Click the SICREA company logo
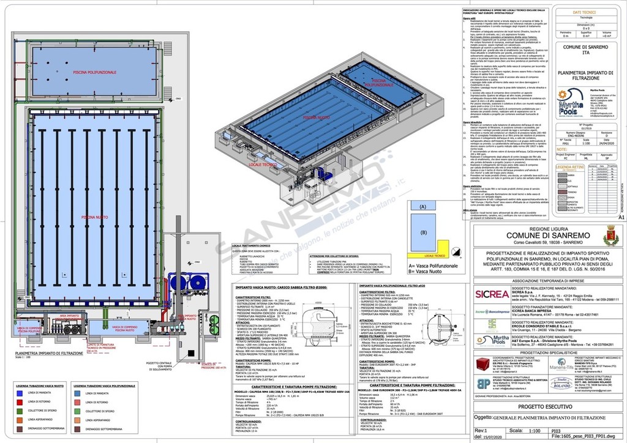492,294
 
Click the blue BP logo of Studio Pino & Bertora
482,383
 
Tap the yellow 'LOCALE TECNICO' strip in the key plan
435,256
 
